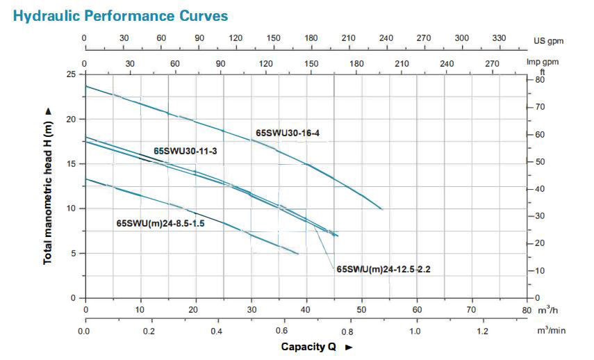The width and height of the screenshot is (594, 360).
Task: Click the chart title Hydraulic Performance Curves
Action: click(119, 15)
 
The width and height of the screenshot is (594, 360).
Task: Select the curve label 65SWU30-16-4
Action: click(287, 133)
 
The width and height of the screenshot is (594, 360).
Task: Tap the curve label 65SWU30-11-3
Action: click(185, 150)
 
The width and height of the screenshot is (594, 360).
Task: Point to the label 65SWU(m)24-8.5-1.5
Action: click(160, 224)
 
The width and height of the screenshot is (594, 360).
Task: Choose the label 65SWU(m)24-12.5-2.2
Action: click(383, 268)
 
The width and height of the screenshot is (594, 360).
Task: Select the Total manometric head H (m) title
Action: click(48, 184)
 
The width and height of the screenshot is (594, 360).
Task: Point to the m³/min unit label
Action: click(551, 331)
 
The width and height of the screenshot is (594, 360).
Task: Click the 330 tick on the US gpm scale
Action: click(500, 38)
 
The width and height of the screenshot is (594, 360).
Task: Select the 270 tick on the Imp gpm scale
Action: click(492, 63)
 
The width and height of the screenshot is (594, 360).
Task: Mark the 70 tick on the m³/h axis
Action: click(471, 310)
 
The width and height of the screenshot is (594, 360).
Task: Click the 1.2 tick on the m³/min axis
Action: click(481, 331)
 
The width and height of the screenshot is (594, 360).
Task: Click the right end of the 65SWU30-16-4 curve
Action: click(381, 208)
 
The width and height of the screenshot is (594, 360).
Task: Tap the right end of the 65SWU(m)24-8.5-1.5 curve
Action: click(298, 254)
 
